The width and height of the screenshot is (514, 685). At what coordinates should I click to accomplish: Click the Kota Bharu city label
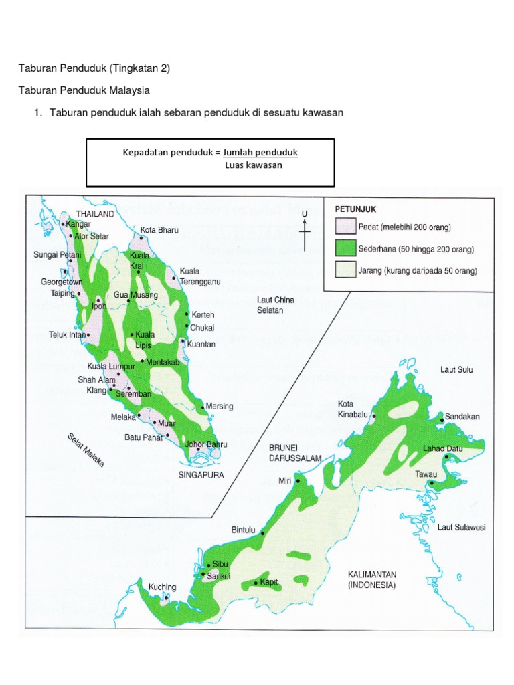coord(159,230)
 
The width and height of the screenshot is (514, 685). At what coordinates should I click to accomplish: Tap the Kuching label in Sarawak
coord(162,587)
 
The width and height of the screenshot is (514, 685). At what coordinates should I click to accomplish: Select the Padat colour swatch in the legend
coord(345,227)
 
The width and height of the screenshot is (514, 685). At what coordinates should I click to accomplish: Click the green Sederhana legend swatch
coord(345,249)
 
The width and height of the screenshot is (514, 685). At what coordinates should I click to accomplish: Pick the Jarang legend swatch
coord(345,271)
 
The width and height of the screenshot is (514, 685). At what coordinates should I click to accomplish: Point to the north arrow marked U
coord(305,231)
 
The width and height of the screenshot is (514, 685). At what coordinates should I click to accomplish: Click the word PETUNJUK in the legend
coord(355,209)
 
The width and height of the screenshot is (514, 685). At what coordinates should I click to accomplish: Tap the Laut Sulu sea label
coord(456,369)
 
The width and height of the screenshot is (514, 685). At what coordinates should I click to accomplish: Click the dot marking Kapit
coord(256,583)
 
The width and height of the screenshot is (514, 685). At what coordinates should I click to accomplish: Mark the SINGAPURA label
coord(201,474)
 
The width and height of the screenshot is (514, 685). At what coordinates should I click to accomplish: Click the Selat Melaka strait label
coord(90,450)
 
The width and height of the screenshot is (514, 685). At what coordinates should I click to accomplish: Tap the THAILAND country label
coord(95,213)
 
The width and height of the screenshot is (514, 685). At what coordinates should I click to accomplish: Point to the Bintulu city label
coord(244,530)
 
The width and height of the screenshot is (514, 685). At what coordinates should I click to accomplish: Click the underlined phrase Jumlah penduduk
coord(260,153)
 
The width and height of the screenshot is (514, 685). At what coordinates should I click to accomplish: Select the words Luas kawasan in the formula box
coord(254,165)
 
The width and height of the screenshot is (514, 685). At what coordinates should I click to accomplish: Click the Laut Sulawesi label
coord(462,527)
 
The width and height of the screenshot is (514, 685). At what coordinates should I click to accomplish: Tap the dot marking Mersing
coord(203,407)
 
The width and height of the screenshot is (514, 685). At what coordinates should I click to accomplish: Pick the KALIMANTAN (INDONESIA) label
coord(372,579)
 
